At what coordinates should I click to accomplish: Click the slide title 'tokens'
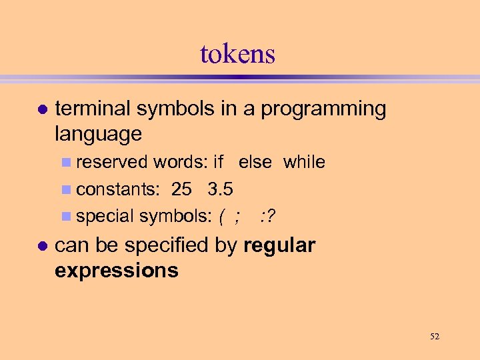[x=237, y=54]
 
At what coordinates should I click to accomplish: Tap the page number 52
[x=435, y=337]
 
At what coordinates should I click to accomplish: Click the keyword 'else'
[x=255, y=162]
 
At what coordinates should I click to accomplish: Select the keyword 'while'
[x=304, y=162]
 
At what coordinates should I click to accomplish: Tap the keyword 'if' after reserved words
[x=218, y=162]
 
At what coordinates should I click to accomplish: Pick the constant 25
[x=181, y=189]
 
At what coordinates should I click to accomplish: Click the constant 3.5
[x=220, y=189]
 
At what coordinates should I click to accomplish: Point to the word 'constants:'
[x=118, y=189]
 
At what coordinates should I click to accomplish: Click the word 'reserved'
[x=113, y=163]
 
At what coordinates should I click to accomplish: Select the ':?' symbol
[x=269, y=216]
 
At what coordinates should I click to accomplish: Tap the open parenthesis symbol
[x=221, y=217]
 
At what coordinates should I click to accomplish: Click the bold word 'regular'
[x=279, y=245]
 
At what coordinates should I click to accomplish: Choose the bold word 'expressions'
[x=117, y=270]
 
